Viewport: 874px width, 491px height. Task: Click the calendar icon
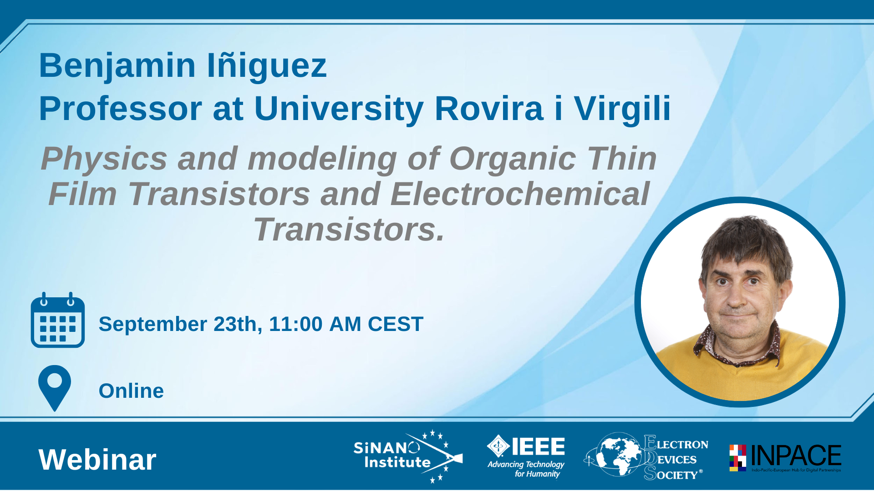pyautogui.click(x=57, y=320)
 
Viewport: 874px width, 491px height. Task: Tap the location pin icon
pyautogui.click(x=55, y=388)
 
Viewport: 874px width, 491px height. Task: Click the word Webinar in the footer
pyautogui.click(x=97, y=460)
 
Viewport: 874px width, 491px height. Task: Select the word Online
pyautogui.click(x=131, y=391)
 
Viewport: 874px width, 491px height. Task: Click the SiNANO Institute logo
pyautogui.click(x=408, y=456)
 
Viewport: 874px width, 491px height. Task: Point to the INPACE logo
pyautogui.click(x=785, y=458)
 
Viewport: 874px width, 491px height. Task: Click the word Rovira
pyautogui.click(x=489, y=109)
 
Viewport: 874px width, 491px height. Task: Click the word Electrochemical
pyautogui.click(x=520, y=194)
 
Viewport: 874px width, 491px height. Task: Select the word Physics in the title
pyautogui.click(x=104, y=160)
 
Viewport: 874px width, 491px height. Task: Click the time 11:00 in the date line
pyautogui.click(x=296, y=324)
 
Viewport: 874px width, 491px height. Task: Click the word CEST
pyautogui.click(x=396, y=324)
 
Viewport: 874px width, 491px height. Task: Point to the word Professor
pyautogui.click(x=121, y=109)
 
